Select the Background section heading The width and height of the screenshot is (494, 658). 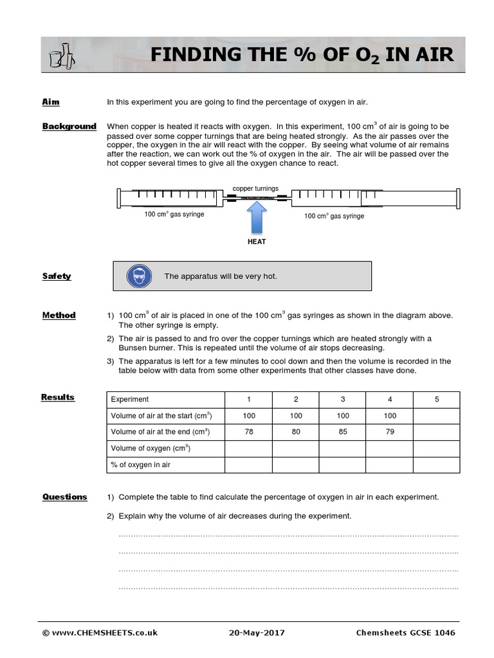pyautogui.click(x=69, y=127)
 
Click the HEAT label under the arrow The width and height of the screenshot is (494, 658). pyautogui.click(x=257, y=242)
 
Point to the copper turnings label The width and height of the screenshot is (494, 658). pyautogui.click(x=255, y=189)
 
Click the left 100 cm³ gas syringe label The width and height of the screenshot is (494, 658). pyautogui.click(x=174, y=214)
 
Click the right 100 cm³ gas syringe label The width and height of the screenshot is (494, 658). pyautogui.click(x=334, y=216)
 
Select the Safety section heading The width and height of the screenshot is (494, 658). pyautogui.click(x=57, y=276)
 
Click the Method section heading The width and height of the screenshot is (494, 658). pyautogui.click(x=59, y=315)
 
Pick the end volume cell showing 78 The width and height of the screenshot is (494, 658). pyautogui.click(x=249, y=432)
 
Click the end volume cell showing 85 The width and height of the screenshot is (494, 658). pyautogui.click(x=343, y=432)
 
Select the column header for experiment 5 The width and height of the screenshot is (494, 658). pyautogui.click(x=436, y=399)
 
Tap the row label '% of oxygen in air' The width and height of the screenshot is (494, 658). pyautogui.click(x=140, y=465)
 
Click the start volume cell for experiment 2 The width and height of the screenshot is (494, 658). pyautogui.click(x=296, y=416)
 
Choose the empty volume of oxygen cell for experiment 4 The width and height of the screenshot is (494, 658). pyautogui.click(x=390, y=448)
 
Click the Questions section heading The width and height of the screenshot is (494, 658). pyautogui.click(x=64, y=497)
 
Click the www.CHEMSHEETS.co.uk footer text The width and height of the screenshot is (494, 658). pyautogui.click(x=100, y=633)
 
